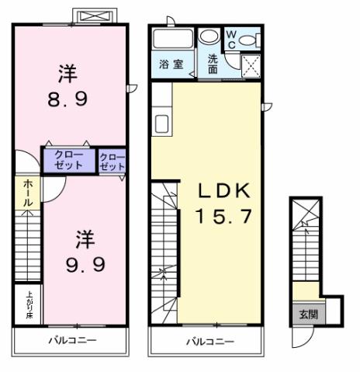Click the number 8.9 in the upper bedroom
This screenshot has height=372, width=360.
pos(68,98)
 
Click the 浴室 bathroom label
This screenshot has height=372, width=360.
pos(171,64)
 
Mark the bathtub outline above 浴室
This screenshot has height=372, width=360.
pos(171,39)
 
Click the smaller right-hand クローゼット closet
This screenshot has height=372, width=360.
pos(112,162)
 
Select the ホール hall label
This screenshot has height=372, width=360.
pos(27,192)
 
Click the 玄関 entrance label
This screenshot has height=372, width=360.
pos(306,315)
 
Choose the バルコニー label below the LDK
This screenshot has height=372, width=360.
pos(205,341)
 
